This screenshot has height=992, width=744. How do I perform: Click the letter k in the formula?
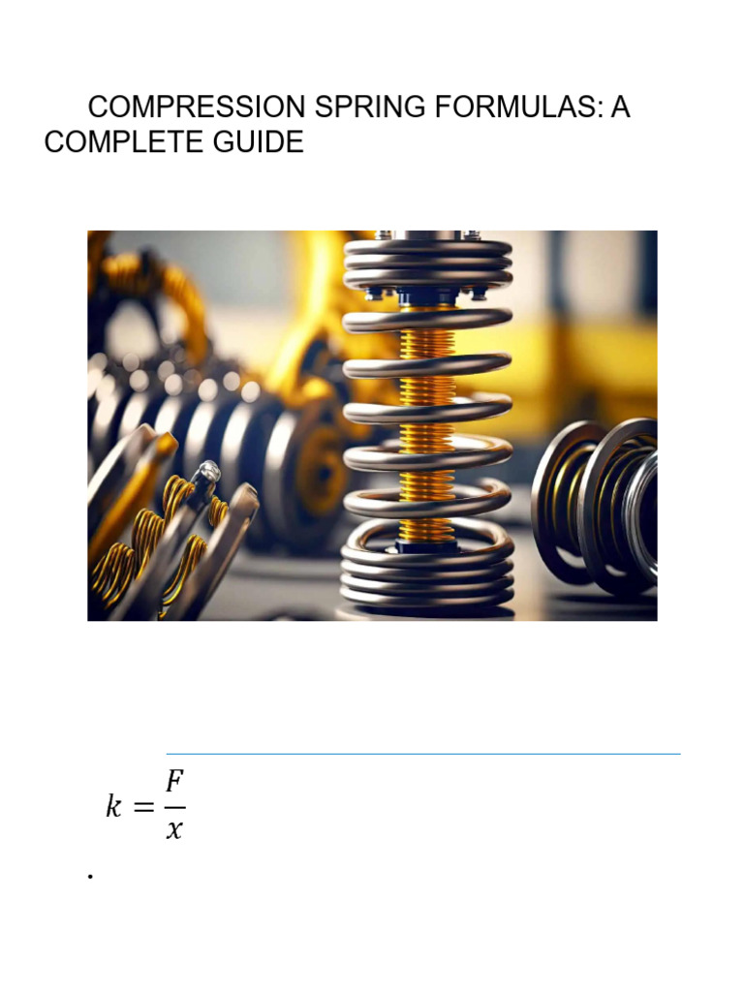pos(115,807)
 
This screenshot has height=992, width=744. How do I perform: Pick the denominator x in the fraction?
pos(174,831)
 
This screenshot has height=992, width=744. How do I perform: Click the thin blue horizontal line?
pos(423,753)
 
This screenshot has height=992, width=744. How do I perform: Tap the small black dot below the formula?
pos(89,877)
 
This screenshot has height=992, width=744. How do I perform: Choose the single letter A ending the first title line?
pos(620,108)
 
